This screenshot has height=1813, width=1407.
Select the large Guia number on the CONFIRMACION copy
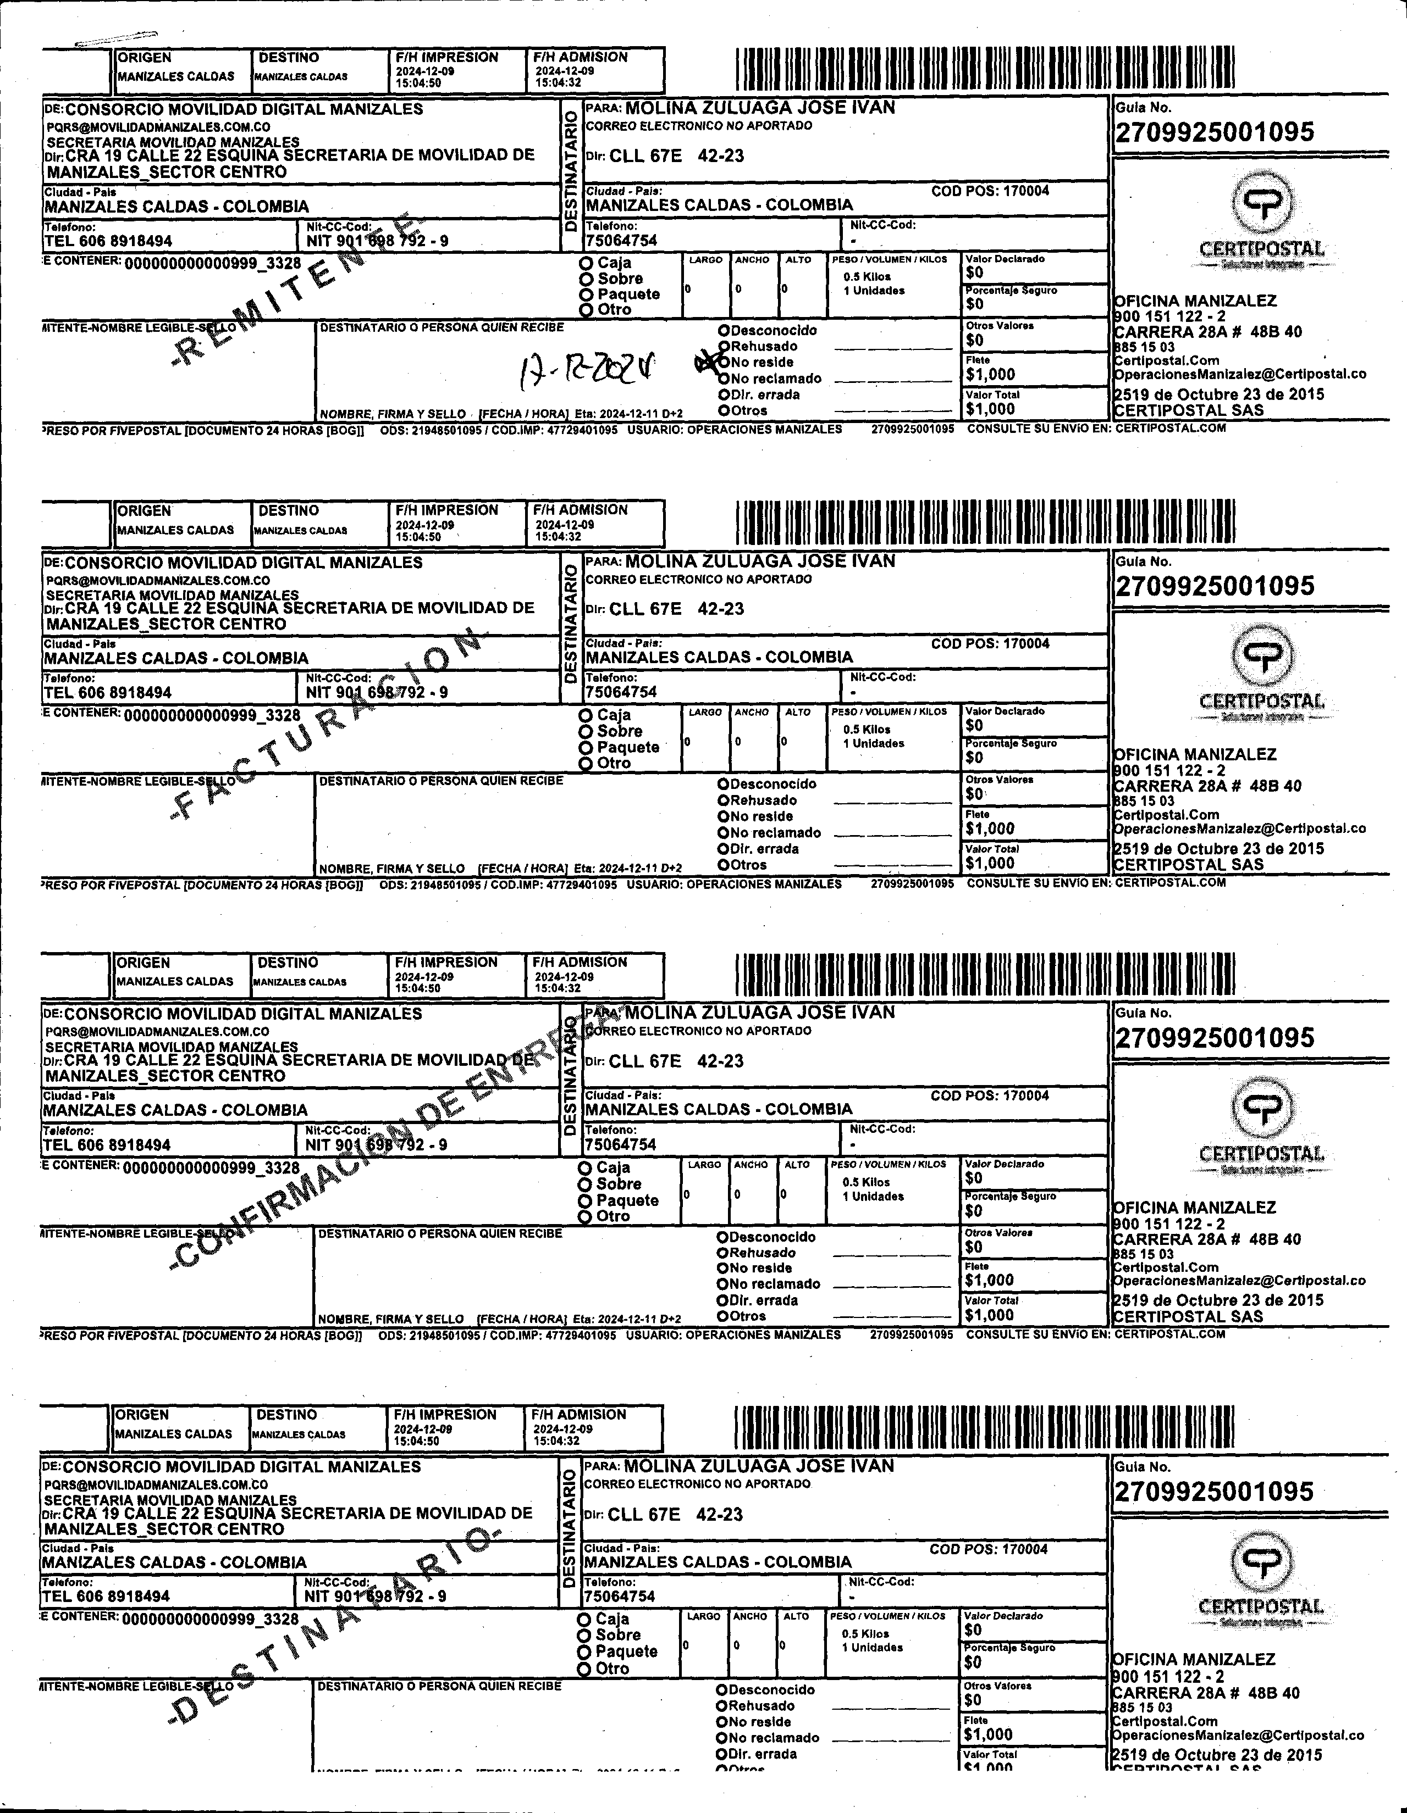point(1215,1038)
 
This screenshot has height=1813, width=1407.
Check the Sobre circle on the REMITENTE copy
point(587,279)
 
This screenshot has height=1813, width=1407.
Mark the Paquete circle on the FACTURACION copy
point(587,747)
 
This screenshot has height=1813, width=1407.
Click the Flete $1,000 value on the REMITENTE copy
point(990,374)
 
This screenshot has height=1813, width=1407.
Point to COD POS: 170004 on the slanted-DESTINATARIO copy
point(989,1549)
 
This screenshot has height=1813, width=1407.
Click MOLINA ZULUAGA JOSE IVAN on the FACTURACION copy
point(760,561)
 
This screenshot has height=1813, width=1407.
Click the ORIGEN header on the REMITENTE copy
point(145,57)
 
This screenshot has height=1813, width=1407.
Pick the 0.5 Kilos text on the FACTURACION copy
point(867,730)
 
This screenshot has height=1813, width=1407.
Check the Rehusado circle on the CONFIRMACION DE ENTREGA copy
point(722,1253)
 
